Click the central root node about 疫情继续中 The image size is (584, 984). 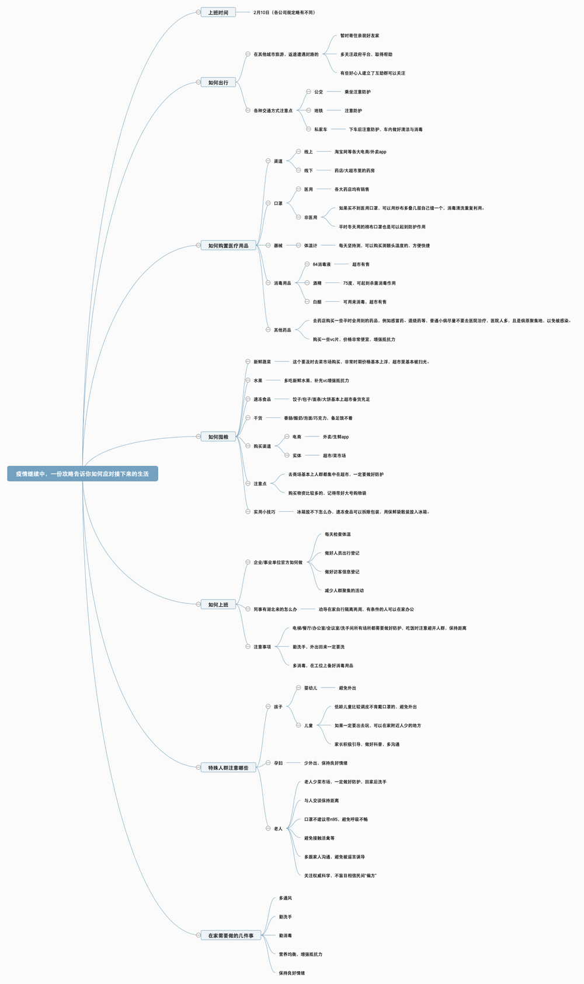tap(82, 474)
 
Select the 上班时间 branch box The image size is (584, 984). tap(218, 12)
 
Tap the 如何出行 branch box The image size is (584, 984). tap(218, 82)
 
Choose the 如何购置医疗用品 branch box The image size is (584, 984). tap(228, 246)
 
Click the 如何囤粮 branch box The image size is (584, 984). tap(218, 437)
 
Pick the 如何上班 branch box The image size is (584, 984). tap(218, 605)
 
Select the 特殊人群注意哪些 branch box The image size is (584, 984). tap(228, 768)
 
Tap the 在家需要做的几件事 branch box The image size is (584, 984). tap(231, 936)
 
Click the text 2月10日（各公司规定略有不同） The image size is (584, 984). tap(284, 12)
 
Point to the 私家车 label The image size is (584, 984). tap(321, 130)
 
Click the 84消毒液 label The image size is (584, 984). tap(322, 264)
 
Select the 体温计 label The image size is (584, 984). tap(311, 246)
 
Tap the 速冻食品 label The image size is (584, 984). tap(262, 399)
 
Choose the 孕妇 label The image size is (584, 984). tap(278, 763)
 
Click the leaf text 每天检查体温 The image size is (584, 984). tap(338, 534)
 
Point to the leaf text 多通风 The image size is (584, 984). tap(285, 898)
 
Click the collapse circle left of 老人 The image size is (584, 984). tap(268, 829)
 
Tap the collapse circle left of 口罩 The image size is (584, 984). tap(268, 203)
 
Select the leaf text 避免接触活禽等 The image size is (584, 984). tap(319, 838)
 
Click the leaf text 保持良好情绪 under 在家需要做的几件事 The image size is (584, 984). tap(291, 973)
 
